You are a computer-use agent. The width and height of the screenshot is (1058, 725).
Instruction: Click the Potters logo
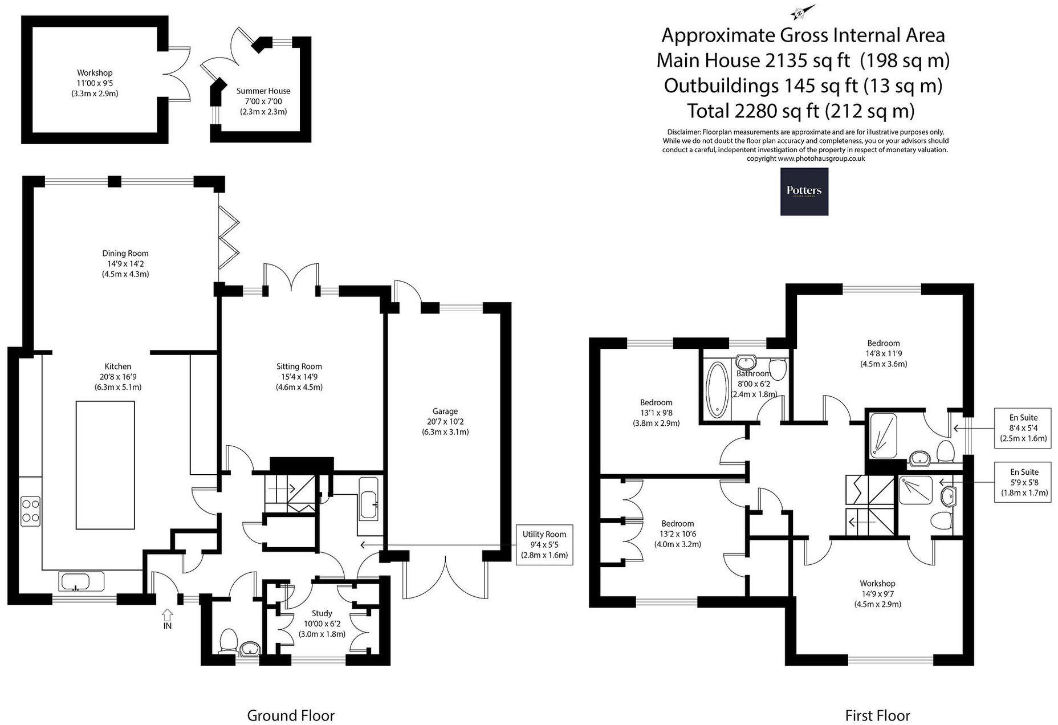click(x=804, y=192)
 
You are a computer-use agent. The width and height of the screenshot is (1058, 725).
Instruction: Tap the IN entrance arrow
click(x=168, y=614)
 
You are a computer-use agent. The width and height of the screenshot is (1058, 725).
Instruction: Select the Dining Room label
click(x=125, y=254)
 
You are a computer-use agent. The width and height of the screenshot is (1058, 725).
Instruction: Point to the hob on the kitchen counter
click(x=30, y=512)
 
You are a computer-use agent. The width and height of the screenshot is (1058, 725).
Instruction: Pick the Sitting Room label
click(x=299, y=366)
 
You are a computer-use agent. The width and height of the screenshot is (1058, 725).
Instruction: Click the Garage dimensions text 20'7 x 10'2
click(x=445, y=422)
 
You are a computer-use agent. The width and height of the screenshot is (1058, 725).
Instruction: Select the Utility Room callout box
click(x=544, y=544)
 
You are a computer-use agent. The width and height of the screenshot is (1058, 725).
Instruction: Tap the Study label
click(x=322, y=613)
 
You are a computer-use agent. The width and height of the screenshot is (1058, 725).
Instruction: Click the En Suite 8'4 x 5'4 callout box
click(x=1023, y=428)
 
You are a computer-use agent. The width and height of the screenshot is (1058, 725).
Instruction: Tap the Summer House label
click(x=263, y=91)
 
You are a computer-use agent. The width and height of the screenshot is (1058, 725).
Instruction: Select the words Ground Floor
click(x=291, y=716)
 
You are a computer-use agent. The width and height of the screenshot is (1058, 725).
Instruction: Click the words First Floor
click(x=878, y=716)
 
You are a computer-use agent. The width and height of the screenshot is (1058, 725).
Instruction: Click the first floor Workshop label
click(x=878, y=584)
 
